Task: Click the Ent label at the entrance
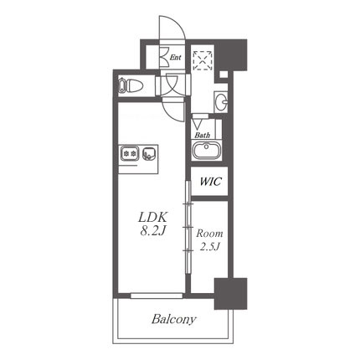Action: (x=176, y=58)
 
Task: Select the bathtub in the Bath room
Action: (x=207, y=150)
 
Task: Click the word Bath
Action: (x=203, y=136)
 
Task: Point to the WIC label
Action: (x=210, y=182)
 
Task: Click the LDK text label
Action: (x=152, y=218)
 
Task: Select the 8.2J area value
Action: (x=153, y=231)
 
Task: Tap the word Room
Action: (x=209, y=234)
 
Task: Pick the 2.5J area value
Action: (x=210, y=246)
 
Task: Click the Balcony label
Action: (x=174, y=319)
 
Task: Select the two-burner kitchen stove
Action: (x=130, y=153)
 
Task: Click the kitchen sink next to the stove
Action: (x=149, y=153)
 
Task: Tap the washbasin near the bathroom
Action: (x=221, y=101)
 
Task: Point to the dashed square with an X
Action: (x=203, y=60)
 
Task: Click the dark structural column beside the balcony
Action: (x=230, y=294)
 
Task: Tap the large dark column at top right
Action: (x=232, y=55)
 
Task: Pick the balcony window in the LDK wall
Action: (x=157, y=296)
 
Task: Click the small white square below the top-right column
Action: (x=224, y=75)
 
